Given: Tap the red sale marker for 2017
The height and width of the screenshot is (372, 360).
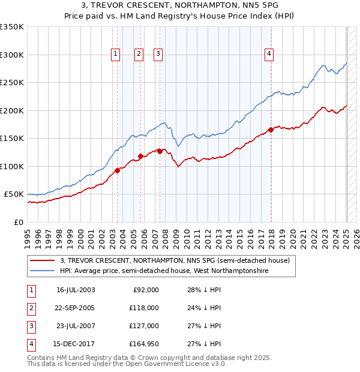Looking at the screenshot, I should [271, 130].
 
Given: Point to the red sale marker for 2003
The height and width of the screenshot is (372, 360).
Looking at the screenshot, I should [118, 170].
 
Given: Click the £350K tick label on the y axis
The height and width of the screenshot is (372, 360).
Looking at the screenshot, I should [12, 27].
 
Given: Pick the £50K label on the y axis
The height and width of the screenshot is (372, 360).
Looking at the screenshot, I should [14, 194].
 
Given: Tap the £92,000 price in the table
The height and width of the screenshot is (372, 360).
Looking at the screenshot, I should [145, 290].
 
